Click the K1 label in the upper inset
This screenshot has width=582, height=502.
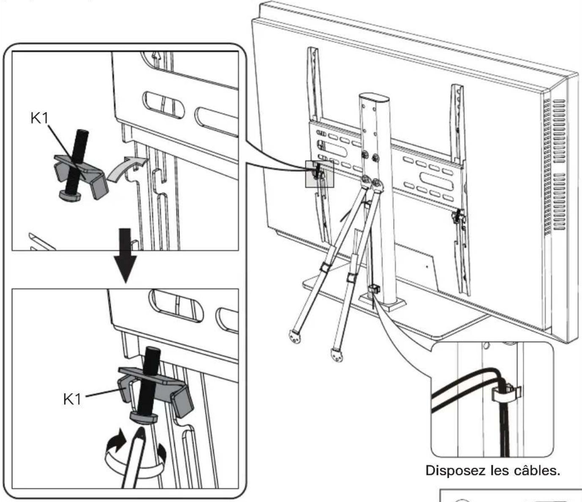click(39, 118)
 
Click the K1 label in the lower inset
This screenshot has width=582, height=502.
click(72, 399)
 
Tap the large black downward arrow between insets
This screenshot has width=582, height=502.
click(126, 255)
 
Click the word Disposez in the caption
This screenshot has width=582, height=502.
click(456, 470)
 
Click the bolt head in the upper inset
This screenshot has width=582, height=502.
click(69, 195)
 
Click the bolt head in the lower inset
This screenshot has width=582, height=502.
click(144, 418)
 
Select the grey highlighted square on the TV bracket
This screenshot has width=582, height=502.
click(319, 174)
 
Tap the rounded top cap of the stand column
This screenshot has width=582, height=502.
click(374, 98)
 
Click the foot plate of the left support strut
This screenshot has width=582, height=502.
click(295, 337)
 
